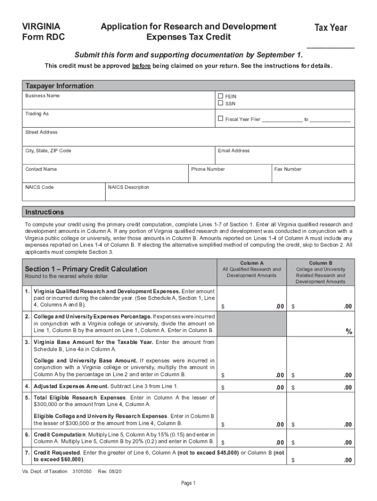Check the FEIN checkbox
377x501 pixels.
[x=220, y=96]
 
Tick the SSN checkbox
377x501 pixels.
[x=220, y=103]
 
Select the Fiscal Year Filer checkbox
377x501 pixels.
[x=220, y=118]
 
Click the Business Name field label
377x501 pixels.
[x=43, y=96]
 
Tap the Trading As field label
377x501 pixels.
[x=37, y=114]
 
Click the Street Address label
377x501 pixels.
[x=41, y=132]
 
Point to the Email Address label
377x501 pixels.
[x=234, y=151]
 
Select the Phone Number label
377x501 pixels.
[x=208, y=169]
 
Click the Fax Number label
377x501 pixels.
[x=288, y=169]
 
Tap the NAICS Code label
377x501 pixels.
[x=40, y=187]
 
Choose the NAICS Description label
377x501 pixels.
[x=129, y=187]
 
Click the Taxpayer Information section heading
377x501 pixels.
[x=59, y=86]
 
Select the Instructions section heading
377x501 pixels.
[x=45, y=212]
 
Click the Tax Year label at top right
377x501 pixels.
[x=330, y=28]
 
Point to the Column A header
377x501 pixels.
[x=252, y=263]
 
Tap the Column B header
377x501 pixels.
[x=321, y=263]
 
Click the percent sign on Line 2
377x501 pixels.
[x=349, y=332]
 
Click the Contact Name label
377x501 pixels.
[x=41, y=169]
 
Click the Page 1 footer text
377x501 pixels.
[x=188, y=483]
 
